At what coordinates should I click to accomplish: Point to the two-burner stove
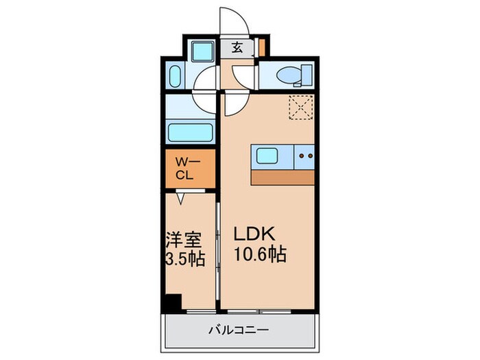(305, 157)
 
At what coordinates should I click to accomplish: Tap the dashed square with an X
(299, 107)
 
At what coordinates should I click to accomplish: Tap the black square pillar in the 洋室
(173, 302)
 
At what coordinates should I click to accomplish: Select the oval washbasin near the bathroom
(174, 75)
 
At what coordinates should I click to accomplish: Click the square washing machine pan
(203, 51)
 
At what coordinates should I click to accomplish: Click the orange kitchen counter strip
(283, 176)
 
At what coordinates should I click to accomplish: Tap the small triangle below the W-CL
(180, 198)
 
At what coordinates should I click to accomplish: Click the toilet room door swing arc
(243, 76)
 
